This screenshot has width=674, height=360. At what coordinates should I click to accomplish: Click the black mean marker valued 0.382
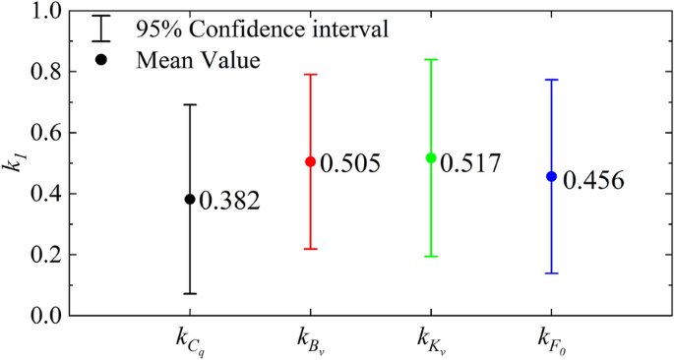point(190,199)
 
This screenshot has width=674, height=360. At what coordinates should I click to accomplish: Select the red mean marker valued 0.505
point(310,161)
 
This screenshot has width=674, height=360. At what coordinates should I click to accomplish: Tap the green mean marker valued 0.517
point(431,157)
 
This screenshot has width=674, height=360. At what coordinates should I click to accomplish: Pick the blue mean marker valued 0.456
point(551,176)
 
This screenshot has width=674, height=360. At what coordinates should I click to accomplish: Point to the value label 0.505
point(349,163)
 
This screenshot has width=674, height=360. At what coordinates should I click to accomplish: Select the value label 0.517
point(470,163)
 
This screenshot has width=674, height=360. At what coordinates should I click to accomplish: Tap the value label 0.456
point(591,181)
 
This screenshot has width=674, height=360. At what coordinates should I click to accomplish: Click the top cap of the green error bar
point(431,60)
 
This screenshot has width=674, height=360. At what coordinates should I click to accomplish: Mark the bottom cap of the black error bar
point(190,293)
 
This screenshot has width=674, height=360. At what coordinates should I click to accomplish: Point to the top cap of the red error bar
point(310,75)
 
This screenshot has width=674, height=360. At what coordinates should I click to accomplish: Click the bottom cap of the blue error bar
point(551,273)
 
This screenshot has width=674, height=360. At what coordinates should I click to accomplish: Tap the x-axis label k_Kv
point(432,341)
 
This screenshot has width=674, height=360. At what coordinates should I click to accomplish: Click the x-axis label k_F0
point(552,341)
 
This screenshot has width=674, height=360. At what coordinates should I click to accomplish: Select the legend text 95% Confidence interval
point(262,30)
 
